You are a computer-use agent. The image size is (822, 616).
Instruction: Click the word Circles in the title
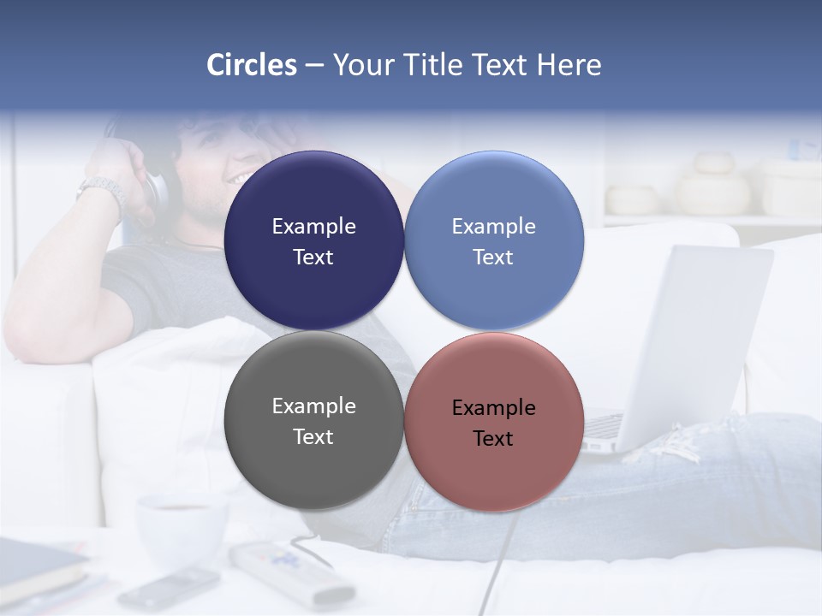[251, 65]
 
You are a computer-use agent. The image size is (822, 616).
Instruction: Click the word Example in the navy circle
[313, 226]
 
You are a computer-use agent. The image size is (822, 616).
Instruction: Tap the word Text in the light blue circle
[493, 257]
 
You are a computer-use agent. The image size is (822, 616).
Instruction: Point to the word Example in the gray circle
[313, 406]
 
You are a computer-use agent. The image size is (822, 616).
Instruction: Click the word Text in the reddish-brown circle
[493, 438]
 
